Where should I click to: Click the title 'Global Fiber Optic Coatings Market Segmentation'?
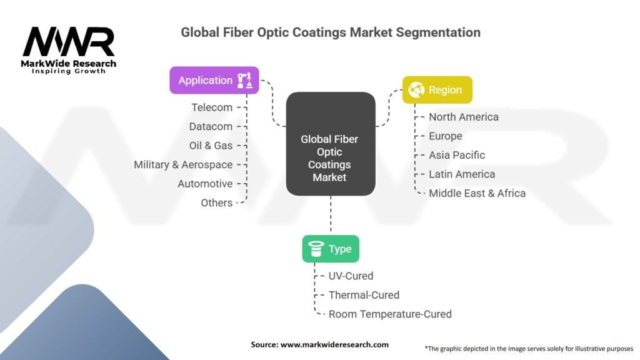click(x=331, y=32)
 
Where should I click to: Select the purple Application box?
click(x=214, y=80)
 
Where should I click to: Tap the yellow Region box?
click(x=437, y=90)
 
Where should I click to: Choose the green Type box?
click(x=330, y=249)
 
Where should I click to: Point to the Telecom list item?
click(x=212, y=107)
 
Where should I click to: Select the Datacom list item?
click(x=211, y=126)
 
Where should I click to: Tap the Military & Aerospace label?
click(x=183, y=164)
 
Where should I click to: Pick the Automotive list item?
click(x=205, y=184)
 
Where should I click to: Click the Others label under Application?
click(x=216, y=202)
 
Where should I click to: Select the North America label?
click(x=463, y=117)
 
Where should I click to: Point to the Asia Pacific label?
click(x=456, y=155)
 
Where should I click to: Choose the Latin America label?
click(x=461, y=174)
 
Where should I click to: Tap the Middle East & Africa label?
click(x=477, y=193)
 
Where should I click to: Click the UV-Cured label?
click(x=351, y=276)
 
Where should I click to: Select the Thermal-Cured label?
click(x=364, y=294)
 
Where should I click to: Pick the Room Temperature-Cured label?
click(x=390, y=314)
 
